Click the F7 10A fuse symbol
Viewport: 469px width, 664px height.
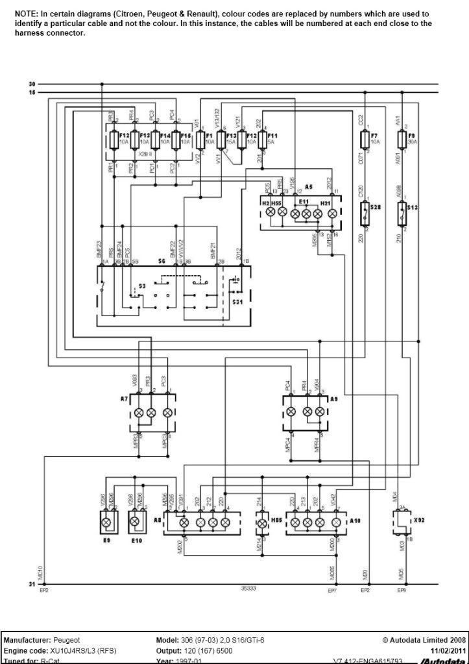click(364, 139)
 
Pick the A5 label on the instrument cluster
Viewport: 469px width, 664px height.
click(309, 187)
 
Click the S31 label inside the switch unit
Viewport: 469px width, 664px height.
click(238, 302)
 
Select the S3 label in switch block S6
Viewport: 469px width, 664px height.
click(141, 286)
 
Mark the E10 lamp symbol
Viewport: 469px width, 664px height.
click(136, 521)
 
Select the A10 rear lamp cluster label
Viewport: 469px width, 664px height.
click(355, 521)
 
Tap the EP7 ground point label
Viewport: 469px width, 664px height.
click(332, 591)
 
